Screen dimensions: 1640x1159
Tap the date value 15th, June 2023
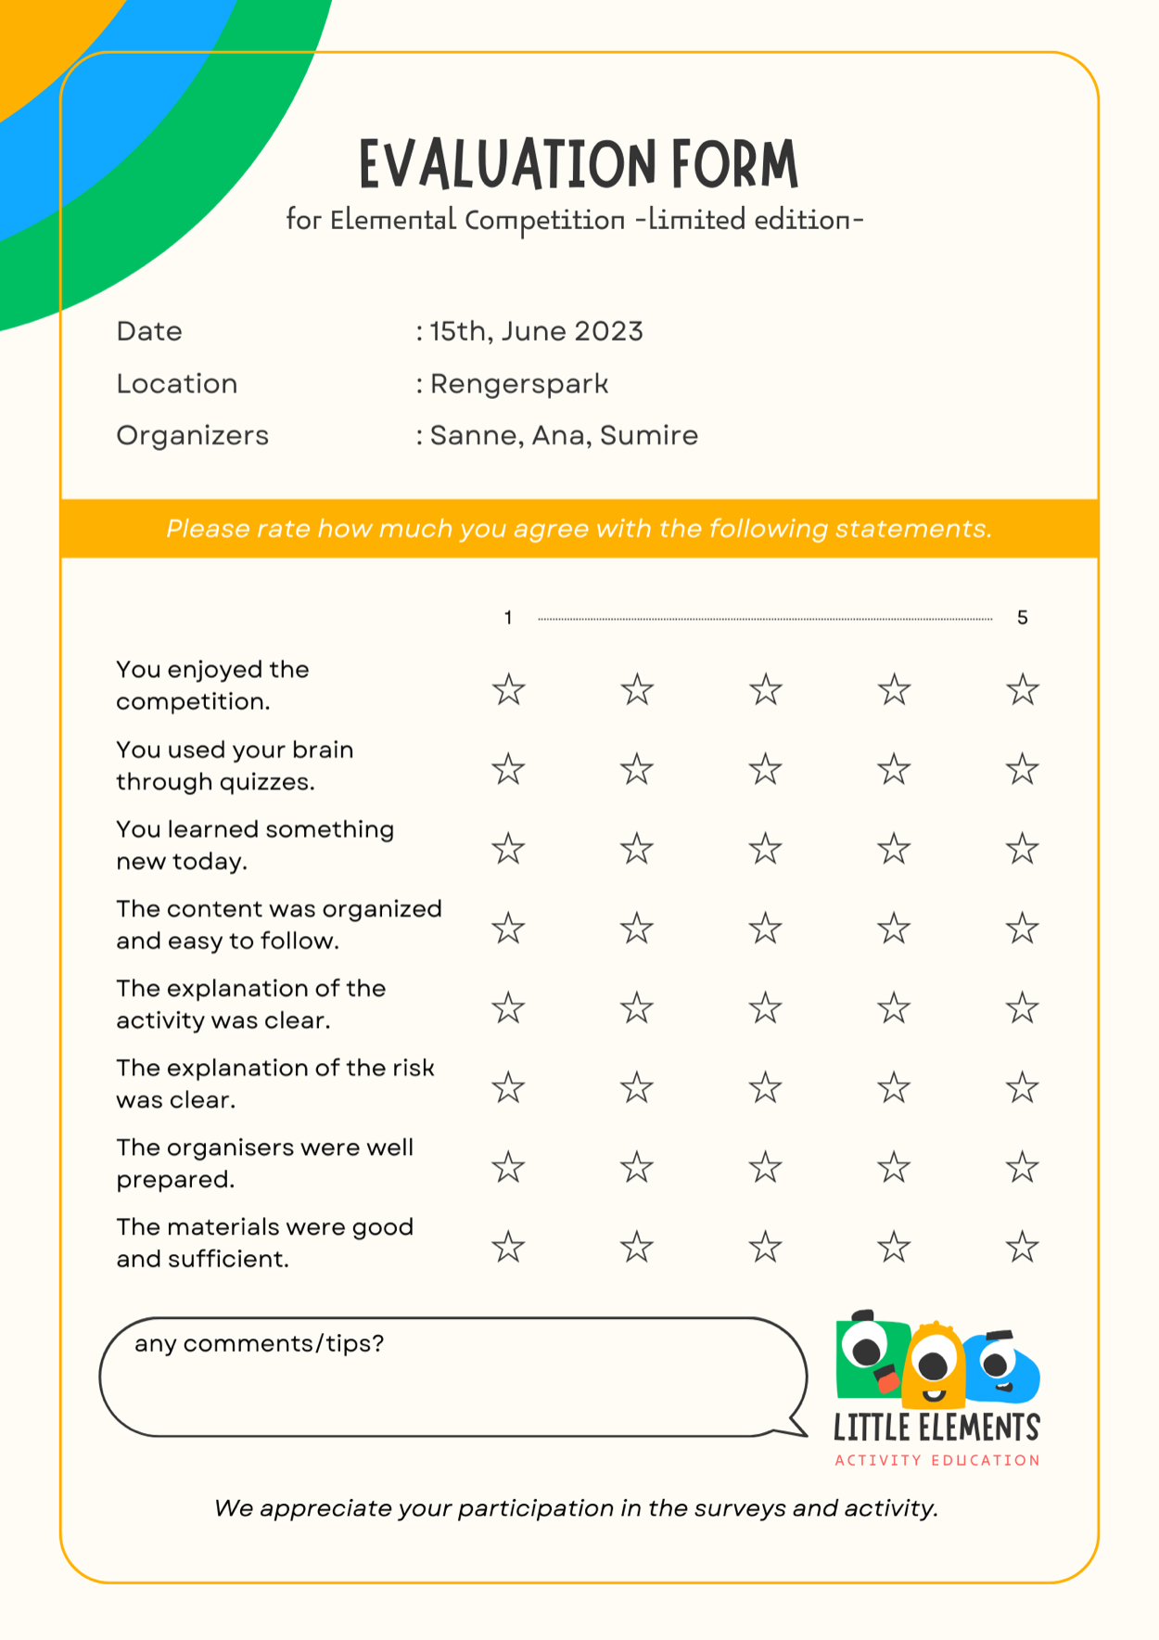click(536, 331)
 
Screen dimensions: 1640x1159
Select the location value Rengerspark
click(519, 384)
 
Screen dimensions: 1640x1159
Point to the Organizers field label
click(192, 435)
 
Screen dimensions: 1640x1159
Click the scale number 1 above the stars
click(508, 618)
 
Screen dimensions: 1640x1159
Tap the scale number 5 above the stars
click(1022, 618)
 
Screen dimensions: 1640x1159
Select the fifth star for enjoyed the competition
click(1022, 690)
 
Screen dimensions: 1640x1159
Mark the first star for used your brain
click(508, 770)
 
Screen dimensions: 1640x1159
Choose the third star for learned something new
click(765, 849)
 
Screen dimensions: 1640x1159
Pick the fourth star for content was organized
click(894, 929)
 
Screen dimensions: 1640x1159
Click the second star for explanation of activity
click(637, 1008)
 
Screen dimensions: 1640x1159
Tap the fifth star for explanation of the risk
click(1022, 1088)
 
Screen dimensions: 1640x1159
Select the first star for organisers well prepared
click(508, 1168)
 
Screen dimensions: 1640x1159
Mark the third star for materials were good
click(765, 1248)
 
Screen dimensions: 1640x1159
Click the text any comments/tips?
click(259, 1343)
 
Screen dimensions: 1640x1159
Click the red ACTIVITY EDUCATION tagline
click(936, 1460)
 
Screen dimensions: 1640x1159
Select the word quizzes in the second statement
click(266, 782)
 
